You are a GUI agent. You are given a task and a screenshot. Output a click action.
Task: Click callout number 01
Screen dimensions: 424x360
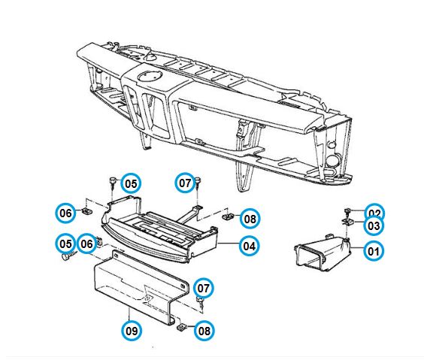[x=374, y=251]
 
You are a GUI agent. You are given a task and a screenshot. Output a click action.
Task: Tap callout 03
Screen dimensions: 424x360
[x=374, y=225]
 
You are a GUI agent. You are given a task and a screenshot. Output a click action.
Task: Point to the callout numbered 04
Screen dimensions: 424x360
[x=249, y=246]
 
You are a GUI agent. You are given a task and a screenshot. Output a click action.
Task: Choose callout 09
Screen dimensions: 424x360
[x=132, y=330]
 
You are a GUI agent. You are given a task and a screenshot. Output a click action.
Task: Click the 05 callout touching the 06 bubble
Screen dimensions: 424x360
[x=65, y=244]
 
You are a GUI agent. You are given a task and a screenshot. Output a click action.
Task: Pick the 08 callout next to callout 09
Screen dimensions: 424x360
[x=204, y=331]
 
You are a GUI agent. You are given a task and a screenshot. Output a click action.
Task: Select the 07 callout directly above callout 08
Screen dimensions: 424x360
[x=203, y=288]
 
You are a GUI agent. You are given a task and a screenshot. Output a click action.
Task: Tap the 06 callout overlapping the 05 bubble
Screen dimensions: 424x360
[x=86, y=244]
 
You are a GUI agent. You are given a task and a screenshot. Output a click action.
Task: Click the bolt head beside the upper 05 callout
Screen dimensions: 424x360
[x=113, y=180]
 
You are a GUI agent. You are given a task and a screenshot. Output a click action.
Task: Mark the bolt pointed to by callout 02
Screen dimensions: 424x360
[x=347, y=210]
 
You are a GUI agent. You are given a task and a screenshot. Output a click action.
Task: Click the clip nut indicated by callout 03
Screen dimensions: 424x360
[x=346, y=222]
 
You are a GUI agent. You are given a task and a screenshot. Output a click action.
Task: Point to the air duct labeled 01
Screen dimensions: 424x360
[x=323, y=253]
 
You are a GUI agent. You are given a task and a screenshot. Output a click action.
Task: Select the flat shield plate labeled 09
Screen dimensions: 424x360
[x=141, y=286]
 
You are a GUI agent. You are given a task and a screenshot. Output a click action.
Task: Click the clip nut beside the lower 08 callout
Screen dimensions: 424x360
[x=181, y=328]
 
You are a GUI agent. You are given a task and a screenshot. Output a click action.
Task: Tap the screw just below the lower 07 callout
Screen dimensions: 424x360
[x=201, y=301]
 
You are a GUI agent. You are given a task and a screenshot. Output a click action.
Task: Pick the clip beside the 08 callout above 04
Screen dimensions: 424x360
[x=228, y=216]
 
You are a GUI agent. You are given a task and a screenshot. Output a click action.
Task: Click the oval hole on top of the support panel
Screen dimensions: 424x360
[x=150, y=75]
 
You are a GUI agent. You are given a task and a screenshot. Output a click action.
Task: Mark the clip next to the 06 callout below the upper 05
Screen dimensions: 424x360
[x=87, y=211]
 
